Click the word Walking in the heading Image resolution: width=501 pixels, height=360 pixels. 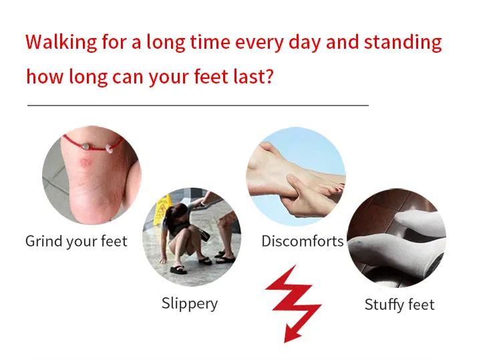(61, 43)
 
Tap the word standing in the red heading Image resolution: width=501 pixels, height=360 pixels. (403, 43)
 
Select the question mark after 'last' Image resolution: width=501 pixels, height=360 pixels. (269, 76)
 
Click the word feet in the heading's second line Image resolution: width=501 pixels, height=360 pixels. (211, 76)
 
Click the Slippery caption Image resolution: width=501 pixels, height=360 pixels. (190, 303)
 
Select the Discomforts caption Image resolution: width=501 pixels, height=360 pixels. (302, 241)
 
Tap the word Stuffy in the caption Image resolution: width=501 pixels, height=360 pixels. (384, 305)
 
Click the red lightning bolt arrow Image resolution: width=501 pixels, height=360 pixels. (293, 303)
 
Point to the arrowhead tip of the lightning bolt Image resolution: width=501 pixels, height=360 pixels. (285, 343)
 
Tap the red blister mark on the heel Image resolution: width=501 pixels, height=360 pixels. (86, 162)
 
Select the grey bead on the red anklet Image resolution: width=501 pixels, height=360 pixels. (85, 147)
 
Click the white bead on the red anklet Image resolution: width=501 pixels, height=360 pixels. (109, 148)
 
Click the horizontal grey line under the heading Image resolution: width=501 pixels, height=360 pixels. (198, 105)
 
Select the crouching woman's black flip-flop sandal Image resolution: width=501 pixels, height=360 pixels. (178, 270)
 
